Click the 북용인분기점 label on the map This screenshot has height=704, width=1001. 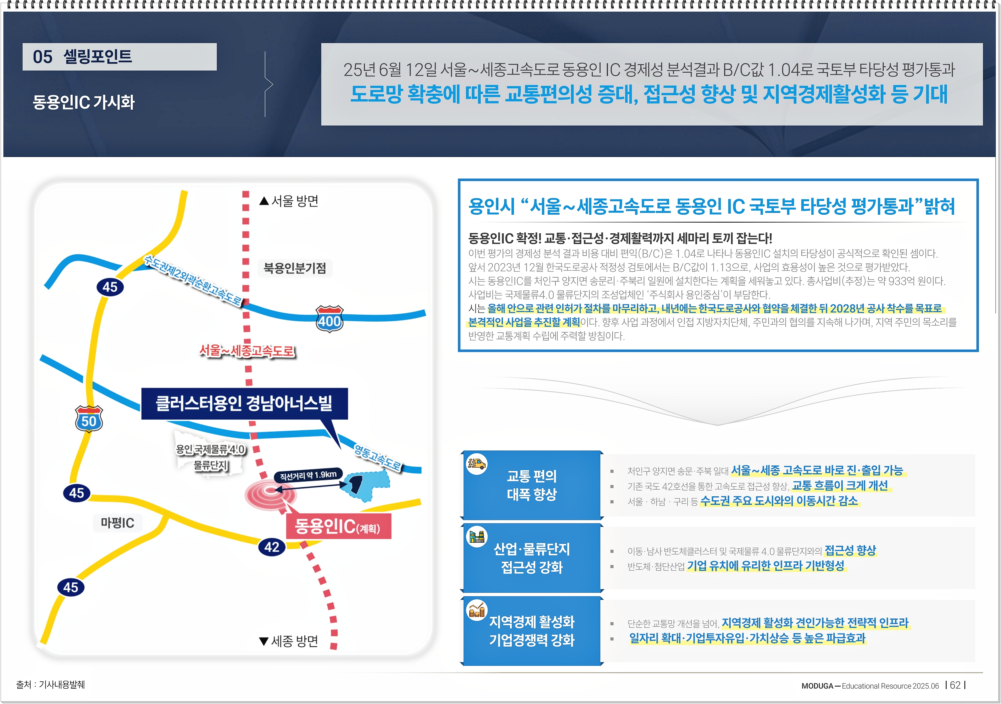(295, 268)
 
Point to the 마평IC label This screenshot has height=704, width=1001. (117, 523)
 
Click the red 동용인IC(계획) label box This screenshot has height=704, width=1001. (338, 527)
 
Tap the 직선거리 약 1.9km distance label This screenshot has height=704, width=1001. (308, 475)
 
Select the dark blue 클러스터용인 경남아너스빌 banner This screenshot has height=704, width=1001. (244, 403)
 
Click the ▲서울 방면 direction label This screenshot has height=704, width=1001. (289, 201)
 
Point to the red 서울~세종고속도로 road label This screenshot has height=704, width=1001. (247, 351)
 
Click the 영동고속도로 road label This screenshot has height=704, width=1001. (377, 457)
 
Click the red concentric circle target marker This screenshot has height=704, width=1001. (270, 493)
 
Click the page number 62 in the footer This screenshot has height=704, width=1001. (955, 685)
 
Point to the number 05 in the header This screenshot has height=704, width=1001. (42, 57)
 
